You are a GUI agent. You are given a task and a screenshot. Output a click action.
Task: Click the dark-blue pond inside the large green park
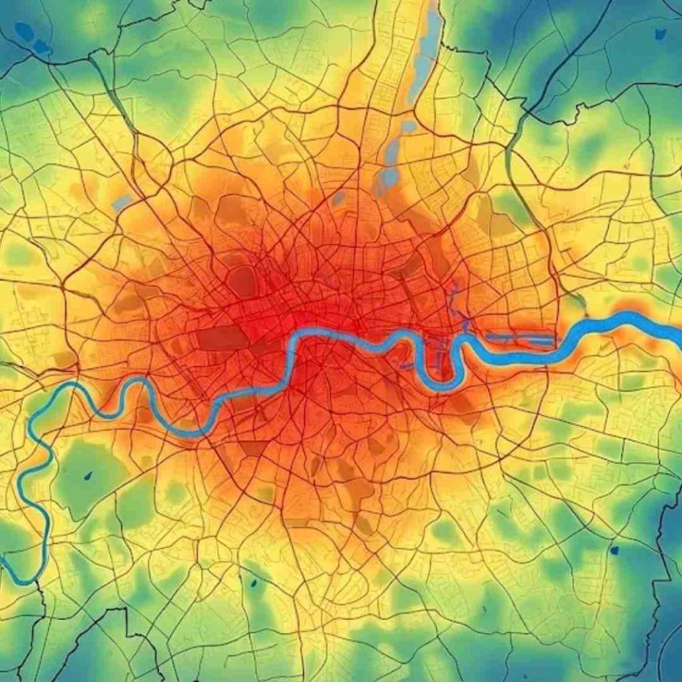pos(88,476)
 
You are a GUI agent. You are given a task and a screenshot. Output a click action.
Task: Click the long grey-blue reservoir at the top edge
pos(426,53)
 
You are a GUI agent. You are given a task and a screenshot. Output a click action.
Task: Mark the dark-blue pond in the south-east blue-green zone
pos(614,550)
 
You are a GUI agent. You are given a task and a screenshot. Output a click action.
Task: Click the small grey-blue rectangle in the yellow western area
pos(122,202)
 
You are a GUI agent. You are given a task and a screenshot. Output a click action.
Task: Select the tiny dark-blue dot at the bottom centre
pos(254,583)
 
